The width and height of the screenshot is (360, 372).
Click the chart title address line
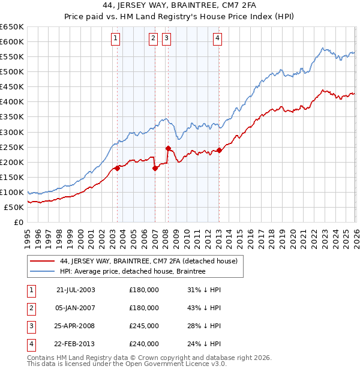[x=180, y=5]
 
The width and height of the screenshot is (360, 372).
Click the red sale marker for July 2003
[x=118, y=168]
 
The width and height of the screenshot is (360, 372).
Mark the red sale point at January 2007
[x=155, y=168]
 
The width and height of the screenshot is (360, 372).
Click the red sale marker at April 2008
[x=168, y=148]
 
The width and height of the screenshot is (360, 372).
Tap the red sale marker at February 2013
[x=219, y=150]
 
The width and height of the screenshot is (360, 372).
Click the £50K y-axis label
[x=14, y=207]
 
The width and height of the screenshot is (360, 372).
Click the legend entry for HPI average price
[x=133, y=271]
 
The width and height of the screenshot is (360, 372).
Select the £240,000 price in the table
[x=144, y=343]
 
